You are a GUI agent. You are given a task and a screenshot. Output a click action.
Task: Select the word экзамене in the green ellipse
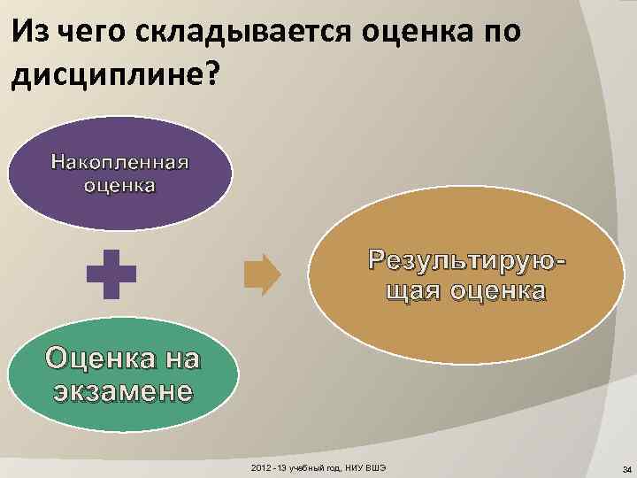[121, 390]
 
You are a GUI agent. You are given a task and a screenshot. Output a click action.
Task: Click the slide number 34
[625, 468]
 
